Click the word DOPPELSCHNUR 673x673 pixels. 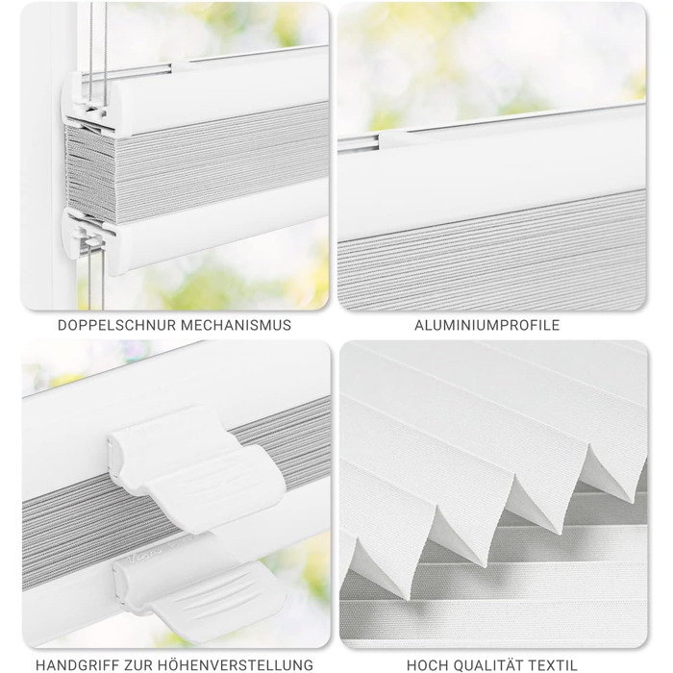point(116,325)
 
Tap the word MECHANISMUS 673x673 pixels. point(236,325)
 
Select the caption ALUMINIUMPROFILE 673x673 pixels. point(486,325)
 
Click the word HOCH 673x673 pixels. point(427,665)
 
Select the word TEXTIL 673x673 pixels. point(553,665)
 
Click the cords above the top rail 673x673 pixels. point(98,38)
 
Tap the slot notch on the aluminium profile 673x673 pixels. point(360,142)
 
